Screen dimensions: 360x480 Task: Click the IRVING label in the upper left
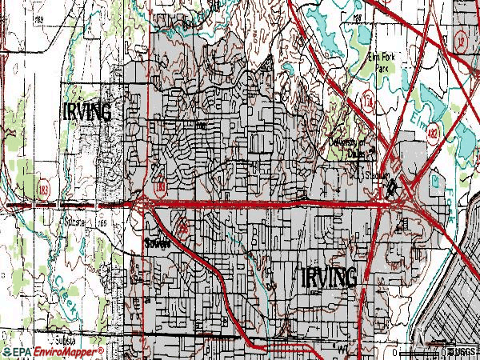tap(87, 111)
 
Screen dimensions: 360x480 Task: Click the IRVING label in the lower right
tap(329, 277)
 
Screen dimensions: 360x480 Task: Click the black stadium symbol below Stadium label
tap(391, 190)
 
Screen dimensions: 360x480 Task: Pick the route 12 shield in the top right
tap(462, 39)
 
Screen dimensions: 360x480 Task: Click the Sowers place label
tap(157, 245)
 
